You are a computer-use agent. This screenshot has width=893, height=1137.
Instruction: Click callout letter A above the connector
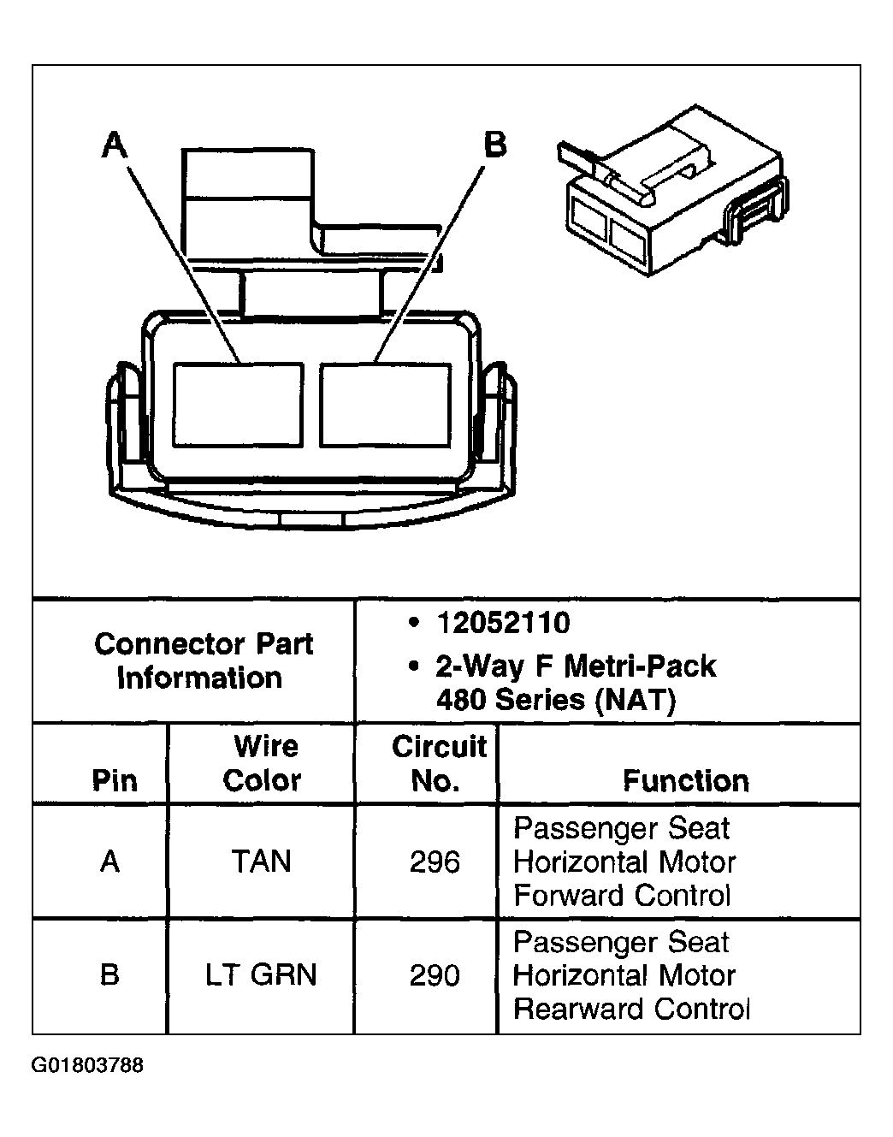(x=115, y=145)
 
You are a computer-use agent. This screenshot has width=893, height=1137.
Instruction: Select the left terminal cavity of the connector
(x=238, y=404)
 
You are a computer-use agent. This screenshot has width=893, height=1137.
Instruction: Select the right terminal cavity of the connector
(x=386, y=404)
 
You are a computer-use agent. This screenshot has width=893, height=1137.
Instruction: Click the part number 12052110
(x=503, y=623)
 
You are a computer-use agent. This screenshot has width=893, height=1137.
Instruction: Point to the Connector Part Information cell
(x=203, y=660)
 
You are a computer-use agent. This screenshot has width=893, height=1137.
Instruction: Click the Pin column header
(x=114, y=780)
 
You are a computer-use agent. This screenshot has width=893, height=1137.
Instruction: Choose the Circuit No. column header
(x=438, y=763)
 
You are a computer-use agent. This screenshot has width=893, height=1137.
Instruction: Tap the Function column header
(x=685, y=780)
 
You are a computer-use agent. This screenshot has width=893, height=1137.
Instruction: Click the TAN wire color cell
(x=261, y=862)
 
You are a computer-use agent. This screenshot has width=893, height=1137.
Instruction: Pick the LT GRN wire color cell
(x=261, y=975)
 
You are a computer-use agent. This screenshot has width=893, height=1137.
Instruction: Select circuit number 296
(x=435, y=862)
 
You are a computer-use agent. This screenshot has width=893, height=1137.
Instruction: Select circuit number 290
(x=435, y=975)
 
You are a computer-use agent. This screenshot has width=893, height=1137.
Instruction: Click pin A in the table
(x=109, y=862)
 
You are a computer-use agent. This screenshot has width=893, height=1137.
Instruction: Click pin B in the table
(x=109, y=975)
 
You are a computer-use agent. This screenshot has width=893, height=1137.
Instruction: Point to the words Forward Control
(x=622, y=896)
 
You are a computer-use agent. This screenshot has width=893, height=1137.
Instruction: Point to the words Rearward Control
(x=631, y=1010)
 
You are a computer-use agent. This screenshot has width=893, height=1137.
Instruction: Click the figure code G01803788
(x=88, y=1066)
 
